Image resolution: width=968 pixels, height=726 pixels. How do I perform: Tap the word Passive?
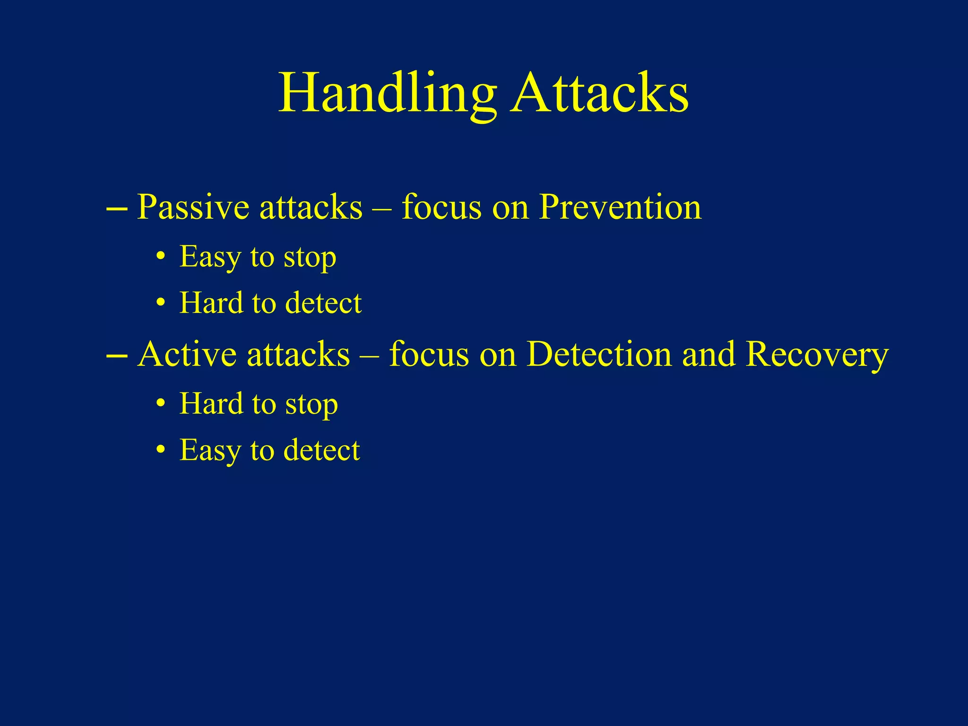coord(193,208)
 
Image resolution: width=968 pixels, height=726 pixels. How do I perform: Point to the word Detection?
coord(599,354)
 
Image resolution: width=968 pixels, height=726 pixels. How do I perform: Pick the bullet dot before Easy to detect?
coord(161,450)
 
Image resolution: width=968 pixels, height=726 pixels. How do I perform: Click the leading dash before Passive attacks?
coord(117,209)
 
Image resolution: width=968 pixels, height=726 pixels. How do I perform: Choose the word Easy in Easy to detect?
coord(210,450)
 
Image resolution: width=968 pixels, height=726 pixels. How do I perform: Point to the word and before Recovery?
coord(709,354)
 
